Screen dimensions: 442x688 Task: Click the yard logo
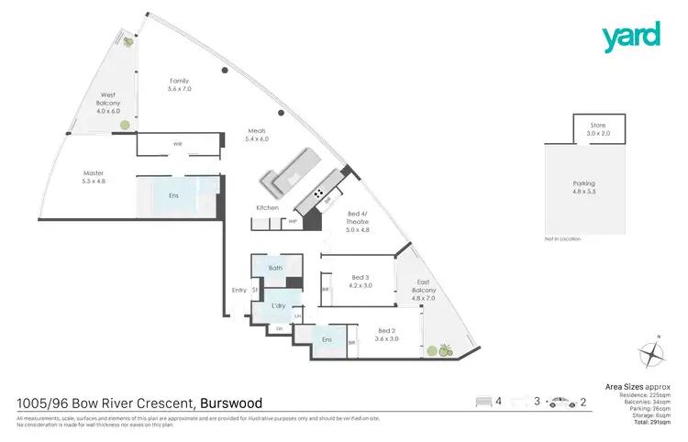(630, 37)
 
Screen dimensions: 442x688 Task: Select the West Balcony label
(108, 103)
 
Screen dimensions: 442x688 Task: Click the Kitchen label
(267, 208)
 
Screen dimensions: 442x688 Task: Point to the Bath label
(273, 269)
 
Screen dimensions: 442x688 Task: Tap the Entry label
(239, 291)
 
